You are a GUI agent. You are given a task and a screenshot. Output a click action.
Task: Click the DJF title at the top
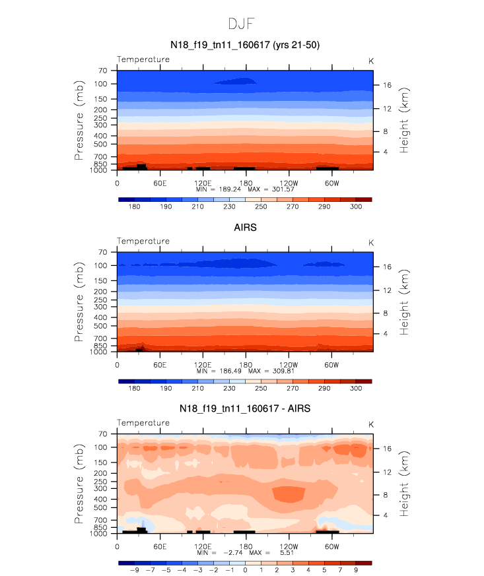tap(241, 24)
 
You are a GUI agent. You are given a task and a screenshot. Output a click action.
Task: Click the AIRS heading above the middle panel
tap(245, 228)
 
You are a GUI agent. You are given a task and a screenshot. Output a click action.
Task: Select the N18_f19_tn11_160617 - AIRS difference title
tap(245, 408)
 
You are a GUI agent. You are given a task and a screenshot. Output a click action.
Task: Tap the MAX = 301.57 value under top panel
tap(271, 189)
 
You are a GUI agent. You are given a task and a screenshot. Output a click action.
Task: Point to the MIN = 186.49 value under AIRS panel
tap(219, 371)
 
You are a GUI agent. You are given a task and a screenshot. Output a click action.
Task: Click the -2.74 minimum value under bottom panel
tap(233, 552)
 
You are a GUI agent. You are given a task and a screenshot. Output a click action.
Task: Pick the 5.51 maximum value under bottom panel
tap(287, 552)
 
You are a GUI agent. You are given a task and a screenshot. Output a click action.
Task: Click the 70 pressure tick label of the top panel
tap(103, 71)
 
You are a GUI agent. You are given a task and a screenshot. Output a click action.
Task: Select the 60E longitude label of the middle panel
tap(160, 365)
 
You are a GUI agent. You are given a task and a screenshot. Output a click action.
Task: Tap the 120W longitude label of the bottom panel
tap(289, 546)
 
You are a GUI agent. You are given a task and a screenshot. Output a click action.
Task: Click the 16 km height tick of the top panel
tap(388, 85)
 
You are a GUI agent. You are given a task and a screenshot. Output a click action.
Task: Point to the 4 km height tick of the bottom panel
tap(386, 515)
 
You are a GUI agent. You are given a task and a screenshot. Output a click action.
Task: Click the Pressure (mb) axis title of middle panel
tap(79, 302)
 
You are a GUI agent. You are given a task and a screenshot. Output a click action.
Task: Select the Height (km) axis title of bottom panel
tap(403, 484)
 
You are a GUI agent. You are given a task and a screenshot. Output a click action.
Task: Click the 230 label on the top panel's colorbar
tap(229, 207)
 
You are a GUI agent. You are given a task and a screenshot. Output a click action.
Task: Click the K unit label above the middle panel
tap(371, 243)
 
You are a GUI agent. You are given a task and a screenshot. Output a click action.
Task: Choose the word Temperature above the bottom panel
tap(143, 423)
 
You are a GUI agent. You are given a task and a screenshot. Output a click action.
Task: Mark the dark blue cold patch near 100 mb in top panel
tap(235, 81)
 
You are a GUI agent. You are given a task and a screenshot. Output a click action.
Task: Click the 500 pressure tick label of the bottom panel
tap(100, 507)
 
